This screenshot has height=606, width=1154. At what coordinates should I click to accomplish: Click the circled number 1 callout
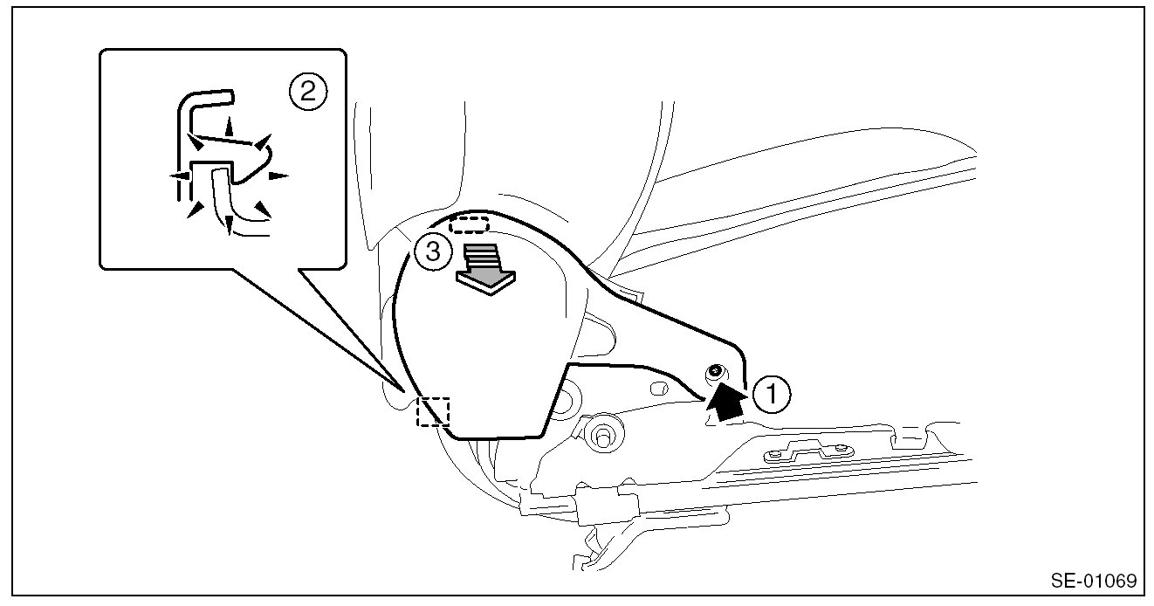[x=773, y=395]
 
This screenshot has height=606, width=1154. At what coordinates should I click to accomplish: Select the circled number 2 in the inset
[x=307, y=91]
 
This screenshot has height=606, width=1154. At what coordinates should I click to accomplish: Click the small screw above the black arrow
[x=715, y=373]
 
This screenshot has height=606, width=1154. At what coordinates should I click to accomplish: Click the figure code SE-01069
[x=1093, y=581]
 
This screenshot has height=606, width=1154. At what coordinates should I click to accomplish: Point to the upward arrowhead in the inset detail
[x=230, y=121]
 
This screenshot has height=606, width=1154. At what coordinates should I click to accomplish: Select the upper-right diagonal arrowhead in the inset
[x=264, y=141]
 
